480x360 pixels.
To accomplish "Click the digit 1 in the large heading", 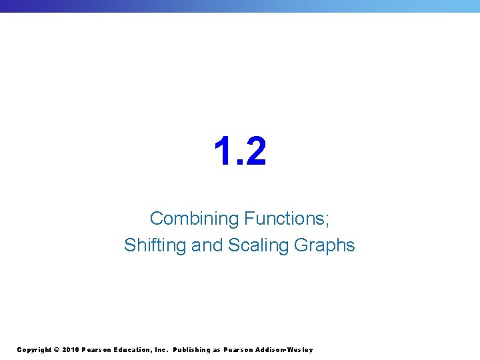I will pyautogui.click(x=223, y=151).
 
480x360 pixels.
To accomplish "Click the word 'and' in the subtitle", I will pyautogui.click(x=207, y=245).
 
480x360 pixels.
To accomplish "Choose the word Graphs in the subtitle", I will pyautogui.click(x=324, y=245).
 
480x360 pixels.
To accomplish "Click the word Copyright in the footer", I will pyautogui.click(x=33, y=350).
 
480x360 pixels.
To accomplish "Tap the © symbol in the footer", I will pyautogui.click(x=57, y=350).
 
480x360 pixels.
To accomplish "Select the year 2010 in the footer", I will pyautogui.click(x=70, y=350).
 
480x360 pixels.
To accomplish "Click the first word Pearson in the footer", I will pyautogui.click(x=97, y=350).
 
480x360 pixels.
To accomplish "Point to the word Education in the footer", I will pyautogui.click(x=134, y=350).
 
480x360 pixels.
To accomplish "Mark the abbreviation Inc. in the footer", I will pyautogui.click(x=162, y=350).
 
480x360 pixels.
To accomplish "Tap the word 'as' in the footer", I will pyautogui.click(x=217, y=350).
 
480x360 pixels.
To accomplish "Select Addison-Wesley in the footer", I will pyautogui.click(x=285, y=350).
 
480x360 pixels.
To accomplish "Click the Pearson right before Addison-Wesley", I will pyautogui.click(x=239, y=350).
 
